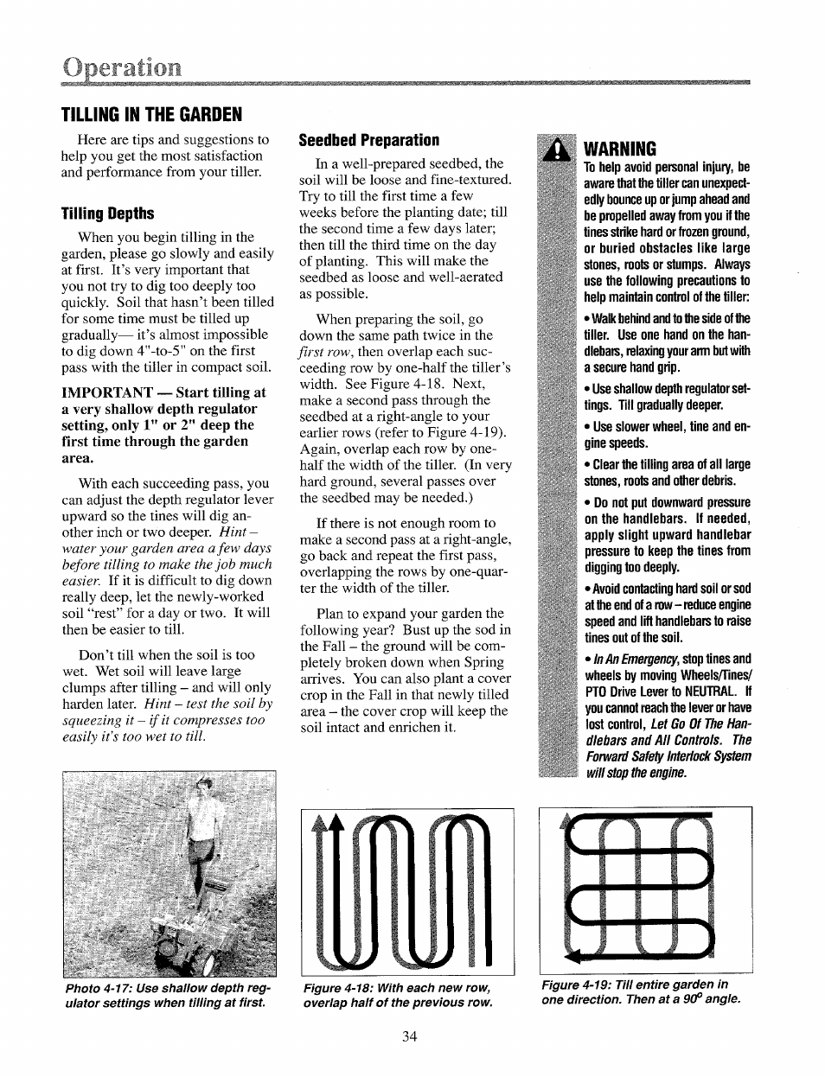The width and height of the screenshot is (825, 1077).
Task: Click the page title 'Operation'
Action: coord(121,67)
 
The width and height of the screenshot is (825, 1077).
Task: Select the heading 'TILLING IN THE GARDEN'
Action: coord(151,115)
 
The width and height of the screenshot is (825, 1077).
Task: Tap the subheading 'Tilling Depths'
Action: coord(107,213)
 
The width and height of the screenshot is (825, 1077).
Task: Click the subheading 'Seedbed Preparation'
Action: coord(369,140)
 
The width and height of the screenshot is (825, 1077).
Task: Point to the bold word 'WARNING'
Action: coord(620,149)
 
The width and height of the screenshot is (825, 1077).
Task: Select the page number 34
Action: coord(410,1036)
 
